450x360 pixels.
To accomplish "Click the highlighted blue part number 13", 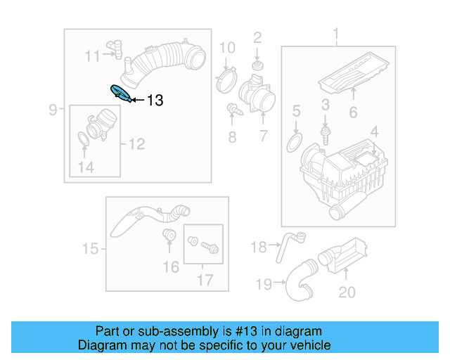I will pyautogui.click(x=120, y=92).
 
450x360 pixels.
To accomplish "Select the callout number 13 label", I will pyautogui.click(x=155, y=101).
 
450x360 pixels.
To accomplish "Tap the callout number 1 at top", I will pyautogui.click(x=335, y=34).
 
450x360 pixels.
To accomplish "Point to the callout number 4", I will pyautogui.click(x=374, y=130).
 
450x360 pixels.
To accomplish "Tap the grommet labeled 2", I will pyautogui.click(x=257, y=65).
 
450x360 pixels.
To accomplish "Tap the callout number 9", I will pyautogui.click(x=53, y=109).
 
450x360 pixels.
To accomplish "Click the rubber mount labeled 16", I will pyautogui.click(x=169, y=235).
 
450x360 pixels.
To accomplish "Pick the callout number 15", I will pyautogui.click(x=90, y=249).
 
